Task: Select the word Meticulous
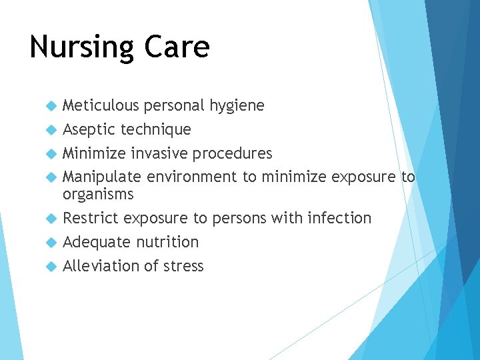click(x=101, y=105)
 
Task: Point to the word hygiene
click(x=237, y=106)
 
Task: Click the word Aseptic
click(x=89, y=129)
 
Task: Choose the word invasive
click(x=159, y=153)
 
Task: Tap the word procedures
click(x=233, y=154)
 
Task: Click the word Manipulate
click(x=102, y=177)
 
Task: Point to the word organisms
click(x=98, y=195)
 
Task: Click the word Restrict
click(x=91, y=218)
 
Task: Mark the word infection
click(x=339, y=218)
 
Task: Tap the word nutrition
click(x=167, y=242)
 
